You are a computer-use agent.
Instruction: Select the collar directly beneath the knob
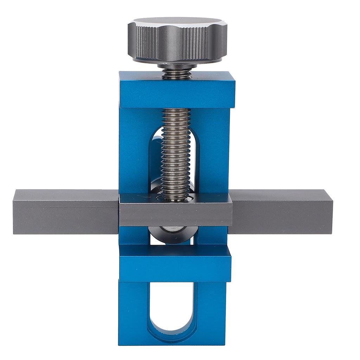coord(177,66)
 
